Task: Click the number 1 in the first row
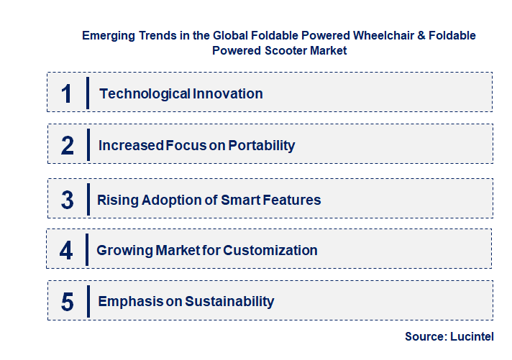click(67, 93)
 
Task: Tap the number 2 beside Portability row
click(68, 146)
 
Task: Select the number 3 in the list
click(68, 200)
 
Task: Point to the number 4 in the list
click(67, 251)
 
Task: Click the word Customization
click(270, 251)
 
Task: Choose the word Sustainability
click(229, 302)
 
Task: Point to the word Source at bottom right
click(426, 336)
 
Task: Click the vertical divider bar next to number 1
click(87, 93)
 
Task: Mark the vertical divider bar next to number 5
click(87, 300)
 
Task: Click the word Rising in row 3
click(116, 200)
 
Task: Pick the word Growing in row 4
click(122, 251)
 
